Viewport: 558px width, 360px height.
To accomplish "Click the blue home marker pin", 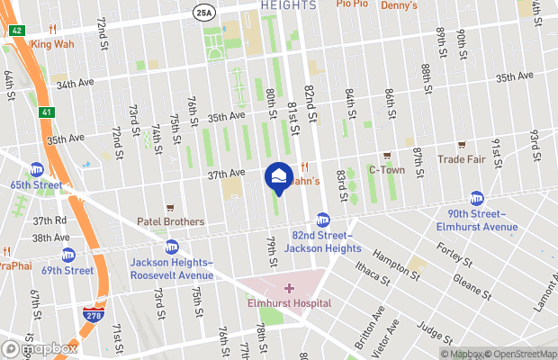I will click(280, 176).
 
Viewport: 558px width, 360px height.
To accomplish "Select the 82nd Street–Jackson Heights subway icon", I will click(322, 220).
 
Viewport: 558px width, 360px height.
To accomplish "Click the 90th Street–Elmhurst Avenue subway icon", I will click(477, 199).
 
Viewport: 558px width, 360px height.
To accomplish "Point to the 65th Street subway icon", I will click(37, 169).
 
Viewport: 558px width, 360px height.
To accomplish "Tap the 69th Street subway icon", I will click(67, 255).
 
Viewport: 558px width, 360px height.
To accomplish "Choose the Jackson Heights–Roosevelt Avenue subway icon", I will click(171, 247).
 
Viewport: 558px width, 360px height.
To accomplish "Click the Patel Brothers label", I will click(170, 221).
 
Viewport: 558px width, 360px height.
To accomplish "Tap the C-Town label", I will click(387, 169).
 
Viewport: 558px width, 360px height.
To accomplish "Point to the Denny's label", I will click(400, 5).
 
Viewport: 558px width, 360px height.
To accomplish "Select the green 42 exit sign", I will click(17, 30).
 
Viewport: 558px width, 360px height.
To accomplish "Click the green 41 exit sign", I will click(45, 112).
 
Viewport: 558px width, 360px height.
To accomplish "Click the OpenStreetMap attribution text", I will click(517, 353).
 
